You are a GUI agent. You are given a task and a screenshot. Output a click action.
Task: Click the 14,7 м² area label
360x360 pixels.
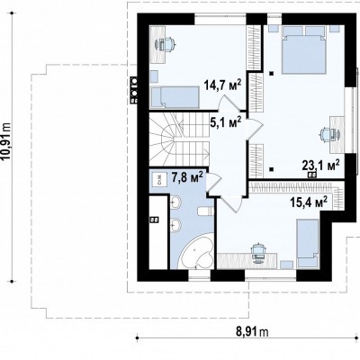(x=223, y=85)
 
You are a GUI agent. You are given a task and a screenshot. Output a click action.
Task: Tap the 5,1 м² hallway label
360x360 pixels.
(x=226, y=122)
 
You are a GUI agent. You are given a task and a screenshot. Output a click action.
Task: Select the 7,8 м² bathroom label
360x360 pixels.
(x=187, y=176)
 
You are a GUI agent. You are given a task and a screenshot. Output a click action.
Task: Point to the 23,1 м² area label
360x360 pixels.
(x=321, y=165)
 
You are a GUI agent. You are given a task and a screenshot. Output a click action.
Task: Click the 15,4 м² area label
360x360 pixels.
(x=309, y=202)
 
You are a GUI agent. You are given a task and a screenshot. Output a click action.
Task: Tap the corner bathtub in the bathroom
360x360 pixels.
(x=196, y=251)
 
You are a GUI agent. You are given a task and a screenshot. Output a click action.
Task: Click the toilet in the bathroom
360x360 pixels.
(x=205, y=211)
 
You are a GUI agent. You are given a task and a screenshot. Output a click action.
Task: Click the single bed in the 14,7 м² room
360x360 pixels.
(x=175, y=97)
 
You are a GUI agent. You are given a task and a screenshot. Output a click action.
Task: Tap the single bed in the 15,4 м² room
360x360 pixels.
(x=308, y=243)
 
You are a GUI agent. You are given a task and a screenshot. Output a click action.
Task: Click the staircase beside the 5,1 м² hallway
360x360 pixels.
(x=179, y=138)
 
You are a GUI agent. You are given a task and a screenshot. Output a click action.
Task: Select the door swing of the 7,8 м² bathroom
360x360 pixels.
(x=214, y=183)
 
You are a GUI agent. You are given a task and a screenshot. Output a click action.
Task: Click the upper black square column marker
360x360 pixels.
(x=272, y=73)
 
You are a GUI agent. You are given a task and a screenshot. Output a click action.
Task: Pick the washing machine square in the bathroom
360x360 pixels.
(x=159, y=180)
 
